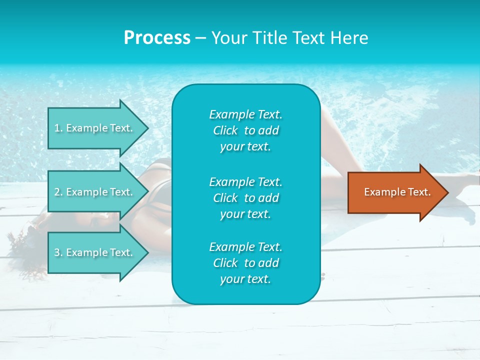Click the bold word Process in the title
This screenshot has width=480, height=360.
coord(157,38)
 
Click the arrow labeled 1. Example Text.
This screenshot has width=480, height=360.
coord(95,128)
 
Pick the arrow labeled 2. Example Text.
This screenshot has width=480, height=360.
coord(95,192)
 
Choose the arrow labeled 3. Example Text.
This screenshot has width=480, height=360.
coord(95,252)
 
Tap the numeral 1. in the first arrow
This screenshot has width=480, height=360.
coord(58,128)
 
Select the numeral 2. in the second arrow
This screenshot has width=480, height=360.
coord(58,192)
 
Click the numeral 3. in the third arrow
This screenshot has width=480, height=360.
coord(58,253)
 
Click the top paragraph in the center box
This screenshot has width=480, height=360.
coord(245,130)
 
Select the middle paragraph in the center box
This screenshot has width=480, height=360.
coord(245,197)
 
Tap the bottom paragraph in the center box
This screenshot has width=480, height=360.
coord(245,263)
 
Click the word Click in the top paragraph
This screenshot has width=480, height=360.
coord(225,130)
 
